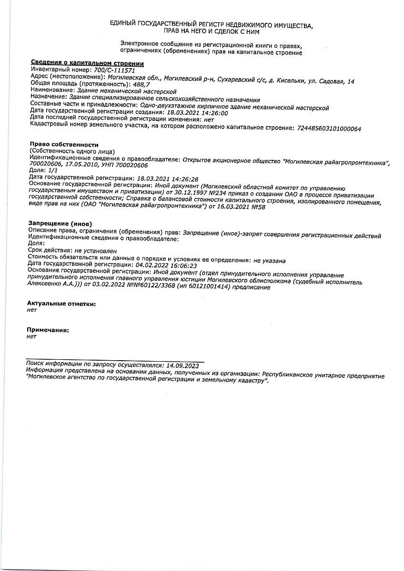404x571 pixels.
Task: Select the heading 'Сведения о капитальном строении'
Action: pos(87,63)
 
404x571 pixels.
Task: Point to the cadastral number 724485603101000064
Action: pos(329,128)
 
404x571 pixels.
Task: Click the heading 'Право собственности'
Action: pos(64,144)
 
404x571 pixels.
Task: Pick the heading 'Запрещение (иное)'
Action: pos(60,223)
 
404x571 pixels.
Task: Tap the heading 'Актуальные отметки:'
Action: pos(61,303)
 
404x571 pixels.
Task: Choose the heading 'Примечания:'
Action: pos(48,330)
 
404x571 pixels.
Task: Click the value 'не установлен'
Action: pos(95,250)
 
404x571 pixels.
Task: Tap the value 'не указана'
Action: pos(269,261)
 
